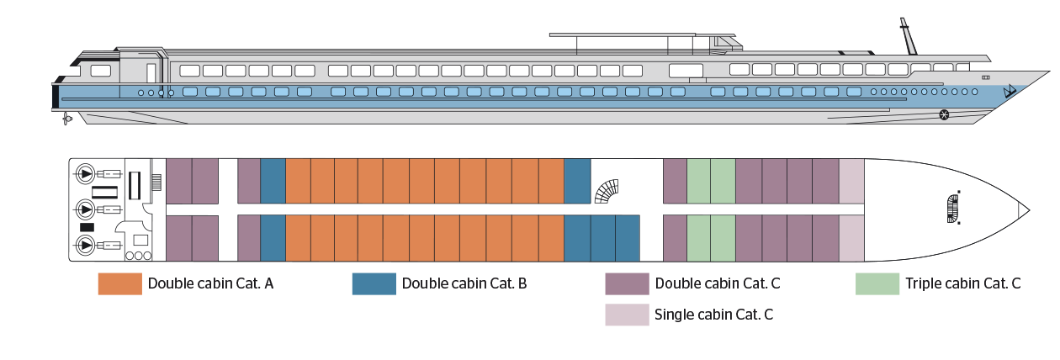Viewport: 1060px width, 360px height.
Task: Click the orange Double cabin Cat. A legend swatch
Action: (119, 284)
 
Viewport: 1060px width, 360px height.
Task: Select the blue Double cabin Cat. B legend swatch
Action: (374, 284)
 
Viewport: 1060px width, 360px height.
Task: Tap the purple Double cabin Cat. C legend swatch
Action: (627, 284)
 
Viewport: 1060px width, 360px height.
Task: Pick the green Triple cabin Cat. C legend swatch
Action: (877, 284)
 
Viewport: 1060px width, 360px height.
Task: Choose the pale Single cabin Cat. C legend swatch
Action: (627, 315)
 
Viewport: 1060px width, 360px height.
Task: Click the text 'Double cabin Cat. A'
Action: (210, 284)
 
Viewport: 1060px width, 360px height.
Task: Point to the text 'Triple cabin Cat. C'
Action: (963, 284)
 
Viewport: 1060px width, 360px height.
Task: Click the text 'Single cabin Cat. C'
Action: (713, 315)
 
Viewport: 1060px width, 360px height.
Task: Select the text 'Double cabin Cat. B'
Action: (464, 284)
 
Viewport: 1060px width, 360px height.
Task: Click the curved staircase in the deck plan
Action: (610, 191)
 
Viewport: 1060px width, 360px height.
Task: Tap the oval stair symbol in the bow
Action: (953, 208)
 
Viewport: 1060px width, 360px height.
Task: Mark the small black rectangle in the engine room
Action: (87, 228)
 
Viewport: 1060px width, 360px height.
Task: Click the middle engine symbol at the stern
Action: (85, 208)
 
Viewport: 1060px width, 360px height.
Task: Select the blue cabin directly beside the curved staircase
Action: (576, 181)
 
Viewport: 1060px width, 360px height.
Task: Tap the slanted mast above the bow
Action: (908, 36)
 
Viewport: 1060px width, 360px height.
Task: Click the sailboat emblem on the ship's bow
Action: (1011, 90)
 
